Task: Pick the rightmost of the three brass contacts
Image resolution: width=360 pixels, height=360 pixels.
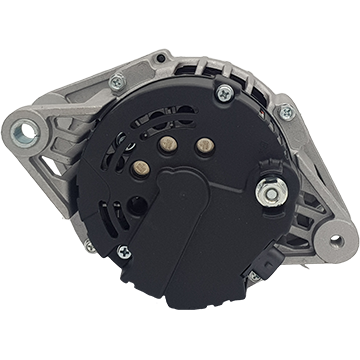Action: coord(209,134)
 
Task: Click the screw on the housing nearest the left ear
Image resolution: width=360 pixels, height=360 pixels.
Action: coord(109,86)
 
